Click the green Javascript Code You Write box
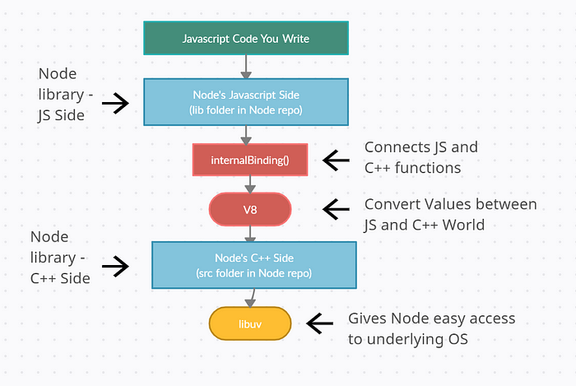246,38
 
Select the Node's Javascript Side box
246,102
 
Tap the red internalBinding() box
250,160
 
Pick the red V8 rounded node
250,209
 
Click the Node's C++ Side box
254,265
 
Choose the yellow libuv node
250,323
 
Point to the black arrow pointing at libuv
319,323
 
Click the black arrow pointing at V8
336,209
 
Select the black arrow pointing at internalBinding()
336,160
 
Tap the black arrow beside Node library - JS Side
115,103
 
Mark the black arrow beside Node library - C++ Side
115,267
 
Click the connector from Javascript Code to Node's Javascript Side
246,67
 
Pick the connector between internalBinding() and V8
250,184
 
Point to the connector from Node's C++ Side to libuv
252,298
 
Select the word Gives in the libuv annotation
367,319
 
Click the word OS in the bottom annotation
458,339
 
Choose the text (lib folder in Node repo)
246,110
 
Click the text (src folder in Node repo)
253,273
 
